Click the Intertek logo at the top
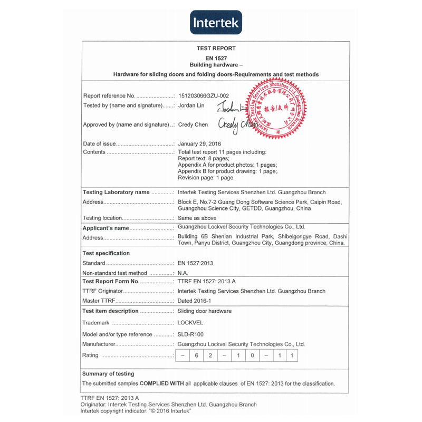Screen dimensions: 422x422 216,23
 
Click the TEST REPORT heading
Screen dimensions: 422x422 216,49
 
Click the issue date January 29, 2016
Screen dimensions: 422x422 199,143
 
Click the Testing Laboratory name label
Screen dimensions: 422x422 116,193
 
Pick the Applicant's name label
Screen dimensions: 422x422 105,228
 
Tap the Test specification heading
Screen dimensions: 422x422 106,253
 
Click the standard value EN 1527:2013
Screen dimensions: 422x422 195,263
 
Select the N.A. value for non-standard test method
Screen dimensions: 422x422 183,273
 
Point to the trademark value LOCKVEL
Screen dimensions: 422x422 190,322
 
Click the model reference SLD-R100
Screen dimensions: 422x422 190,334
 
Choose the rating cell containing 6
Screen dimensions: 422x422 196,356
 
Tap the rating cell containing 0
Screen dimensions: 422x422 252,356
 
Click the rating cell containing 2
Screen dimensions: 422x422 210,356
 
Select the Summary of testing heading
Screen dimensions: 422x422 108,374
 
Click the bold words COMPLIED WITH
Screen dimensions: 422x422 161,383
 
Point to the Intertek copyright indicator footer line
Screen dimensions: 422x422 136,411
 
